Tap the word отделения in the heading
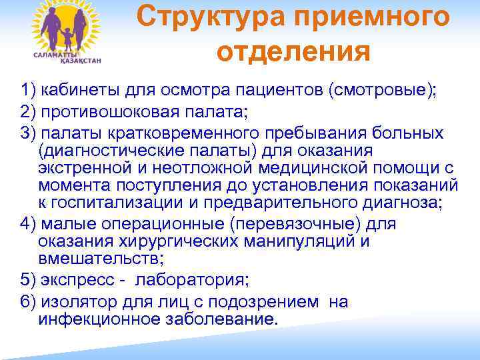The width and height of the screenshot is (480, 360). click(x=293, y=51)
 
